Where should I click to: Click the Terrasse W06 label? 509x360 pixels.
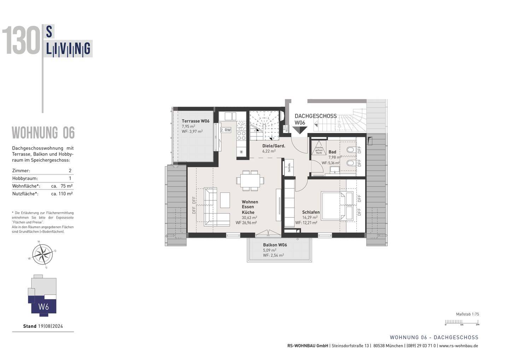(195, 121)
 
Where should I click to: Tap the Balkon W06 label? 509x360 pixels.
(275, 245)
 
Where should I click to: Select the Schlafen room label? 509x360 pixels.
(311, 212)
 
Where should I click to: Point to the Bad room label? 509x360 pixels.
(332, 152)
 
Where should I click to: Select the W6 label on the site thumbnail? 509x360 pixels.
(43, 307)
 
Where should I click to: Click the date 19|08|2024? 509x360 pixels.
(50, 326)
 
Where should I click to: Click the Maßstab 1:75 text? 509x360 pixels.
(467, 314)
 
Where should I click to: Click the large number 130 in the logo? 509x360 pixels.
(21, 41)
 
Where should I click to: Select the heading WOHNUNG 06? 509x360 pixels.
(43, 133)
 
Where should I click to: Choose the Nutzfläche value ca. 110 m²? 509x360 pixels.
(62, 194)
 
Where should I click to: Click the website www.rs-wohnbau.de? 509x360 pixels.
(458, 346)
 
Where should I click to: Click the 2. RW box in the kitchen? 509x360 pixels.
(226, 130)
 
